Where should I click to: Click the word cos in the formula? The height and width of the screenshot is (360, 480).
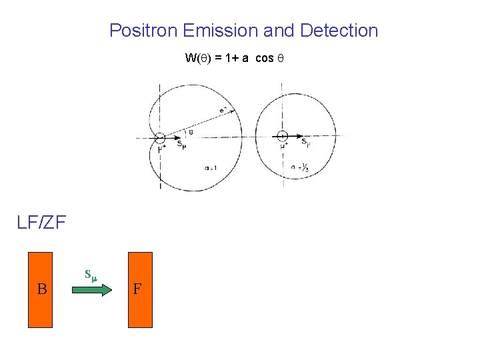[264, 58]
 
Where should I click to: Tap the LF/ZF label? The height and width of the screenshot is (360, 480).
[41, 222]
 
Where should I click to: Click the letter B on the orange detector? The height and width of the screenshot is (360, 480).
[41, 289]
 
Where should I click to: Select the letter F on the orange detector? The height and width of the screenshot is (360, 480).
[137, 289]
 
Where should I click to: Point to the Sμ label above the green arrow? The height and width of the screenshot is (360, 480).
[91, 273]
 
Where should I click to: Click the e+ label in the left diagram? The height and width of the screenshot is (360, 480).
[222, 110]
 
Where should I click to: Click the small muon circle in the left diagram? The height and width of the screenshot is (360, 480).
[160, 138]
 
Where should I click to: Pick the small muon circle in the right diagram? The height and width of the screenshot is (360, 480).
[282, 137]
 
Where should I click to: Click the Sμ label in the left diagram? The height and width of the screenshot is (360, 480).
[181, 143]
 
